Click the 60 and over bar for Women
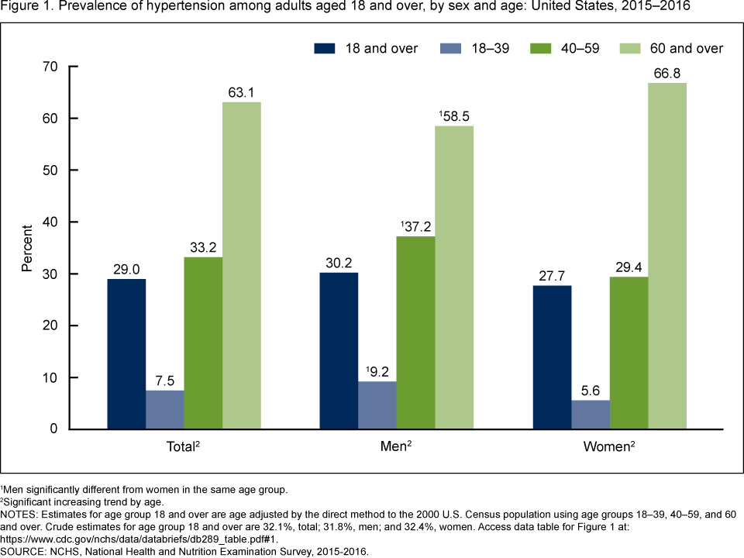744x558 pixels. click(x=667, y=256)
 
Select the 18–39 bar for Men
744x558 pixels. click(x=377, y=405)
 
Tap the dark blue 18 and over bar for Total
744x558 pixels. click(x=126, y=353)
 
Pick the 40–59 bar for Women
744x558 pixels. click(x=629, y=353)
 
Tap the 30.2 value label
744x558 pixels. click(x=339, y=263)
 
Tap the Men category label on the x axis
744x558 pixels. click(x=395, y=447)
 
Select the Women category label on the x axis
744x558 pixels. click(x=608, y=447)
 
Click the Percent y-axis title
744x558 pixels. click(x=27, y=248)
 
